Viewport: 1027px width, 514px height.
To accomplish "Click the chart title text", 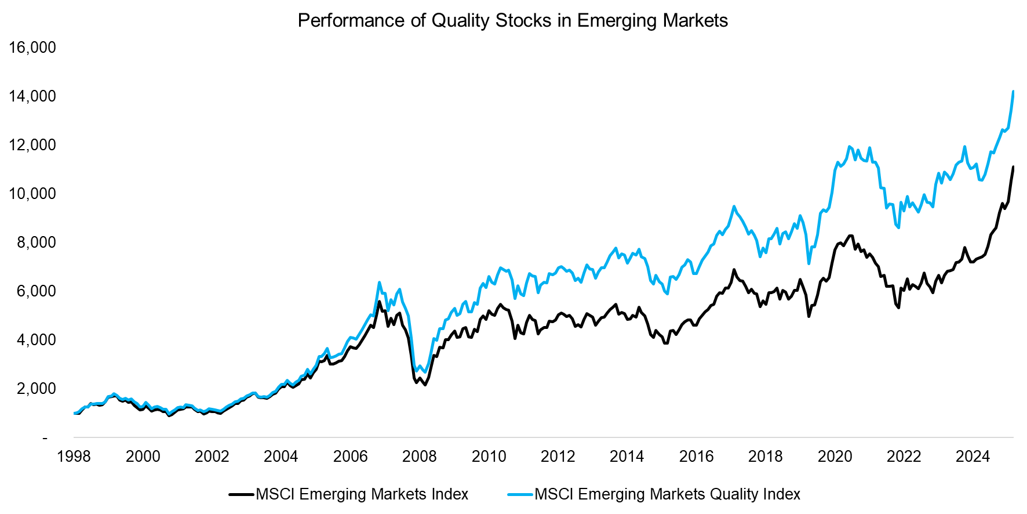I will click(x=512, y=21).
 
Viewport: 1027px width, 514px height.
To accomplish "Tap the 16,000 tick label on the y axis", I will click(x=32, y=48).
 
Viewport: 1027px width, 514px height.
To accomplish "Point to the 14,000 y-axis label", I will click(x=32, y=96).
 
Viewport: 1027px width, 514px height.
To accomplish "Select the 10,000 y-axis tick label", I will click(x=32, y=194).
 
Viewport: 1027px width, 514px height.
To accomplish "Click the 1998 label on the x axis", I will click(x=74, y=457).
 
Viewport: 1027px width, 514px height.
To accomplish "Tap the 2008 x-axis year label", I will click(x=420, y=457).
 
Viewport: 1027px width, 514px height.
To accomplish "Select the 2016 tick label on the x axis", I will click(x=696, y=457).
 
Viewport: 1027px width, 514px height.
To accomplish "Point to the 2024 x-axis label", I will click(x=973, y=457).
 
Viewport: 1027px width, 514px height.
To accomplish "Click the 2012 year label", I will click(x=558, y=457).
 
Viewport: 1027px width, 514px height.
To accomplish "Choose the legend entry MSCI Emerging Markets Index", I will click(x=362, y=494).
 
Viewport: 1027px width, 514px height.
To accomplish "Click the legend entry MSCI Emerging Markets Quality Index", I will click(x=667, y=494).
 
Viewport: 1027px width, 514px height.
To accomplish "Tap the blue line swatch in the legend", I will click(x=520, y=494).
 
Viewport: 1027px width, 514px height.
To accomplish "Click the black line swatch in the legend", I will click(x=241, y=494).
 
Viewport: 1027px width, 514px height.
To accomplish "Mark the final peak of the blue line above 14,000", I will click(x=1013, y=92).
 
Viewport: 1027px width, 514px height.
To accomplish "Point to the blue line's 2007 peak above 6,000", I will click(x=379, y=283).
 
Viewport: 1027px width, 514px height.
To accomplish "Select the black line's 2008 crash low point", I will click(x=425, y=385).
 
